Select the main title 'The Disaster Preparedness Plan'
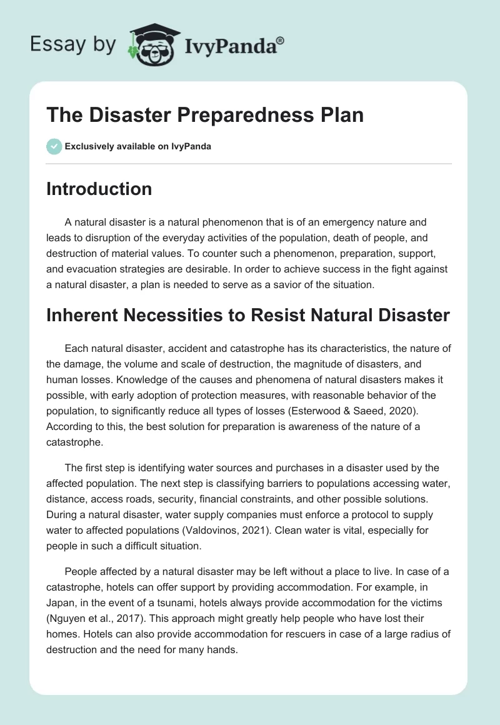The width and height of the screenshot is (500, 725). pyautogui.click(x=205, y=116)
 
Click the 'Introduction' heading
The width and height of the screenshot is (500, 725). pyautogui.click(x=99, y=189)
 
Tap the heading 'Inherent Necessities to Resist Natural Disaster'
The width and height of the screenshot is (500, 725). pyautogui.click(x=247, y=315)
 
